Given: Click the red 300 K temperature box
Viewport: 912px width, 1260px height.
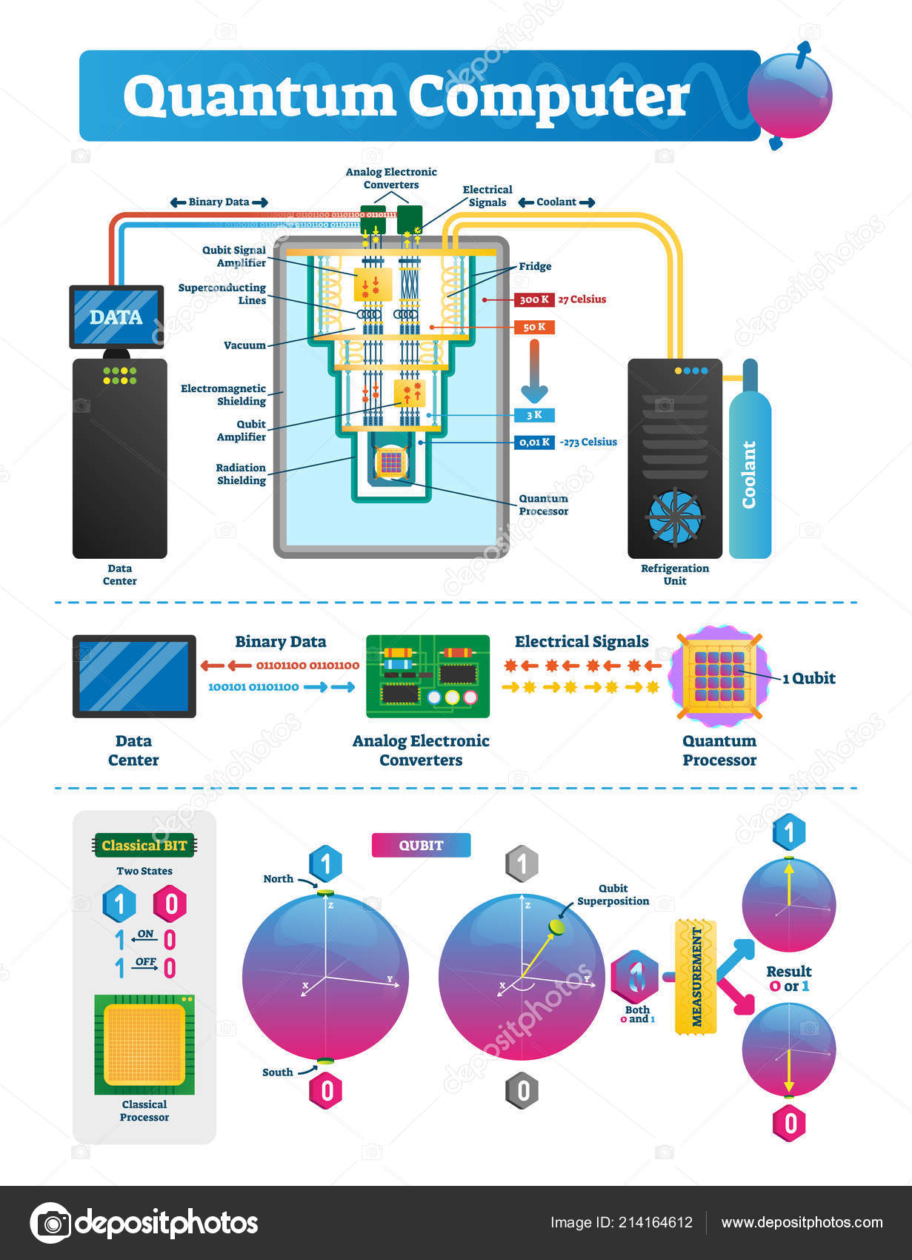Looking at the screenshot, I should (534, 299).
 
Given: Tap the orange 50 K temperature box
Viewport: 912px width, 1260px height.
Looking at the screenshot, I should (534, 327).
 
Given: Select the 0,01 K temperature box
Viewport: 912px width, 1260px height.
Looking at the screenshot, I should (534, 442).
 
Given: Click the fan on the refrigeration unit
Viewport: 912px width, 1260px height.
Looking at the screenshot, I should (674, 516).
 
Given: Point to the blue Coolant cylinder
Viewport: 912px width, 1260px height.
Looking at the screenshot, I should (750, 474).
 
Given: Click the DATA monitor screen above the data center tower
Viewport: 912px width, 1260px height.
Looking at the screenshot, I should (116, 317).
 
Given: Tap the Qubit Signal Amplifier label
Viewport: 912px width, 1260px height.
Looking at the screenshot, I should (234, 256).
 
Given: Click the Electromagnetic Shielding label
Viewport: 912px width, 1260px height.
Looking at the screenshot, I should (224, 394).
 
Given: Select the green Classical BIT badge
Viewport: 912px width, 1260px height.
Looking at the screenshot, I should (144, 846).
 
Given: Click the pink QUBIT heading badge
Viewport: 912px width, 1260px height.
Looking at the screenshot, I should (421, 845).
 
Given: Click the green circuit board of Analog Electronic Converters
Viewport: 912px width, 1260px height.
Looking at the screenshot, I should (427, 676).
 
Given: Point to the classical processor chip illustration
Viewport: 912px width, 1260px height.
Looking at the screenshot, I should (144, 1045).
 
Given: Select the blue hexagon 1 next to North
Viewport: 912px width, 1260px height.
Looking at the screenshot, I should (325, 863).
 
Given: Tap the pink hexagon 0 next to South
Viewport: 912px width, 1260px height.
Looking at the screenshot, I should (326, 1091).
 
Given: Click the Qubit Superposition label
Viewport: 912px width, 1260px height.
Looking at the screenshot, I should (613, 895).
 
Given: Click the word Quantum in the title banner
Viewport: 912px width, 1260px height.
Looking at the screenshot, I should (259, 97).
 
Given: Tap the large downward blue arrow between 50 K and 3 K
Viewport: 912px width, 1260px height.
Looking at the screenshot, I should (533, 371).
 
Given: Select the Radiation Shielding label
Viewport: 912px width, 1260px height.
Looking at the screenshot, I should (241, 474).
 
